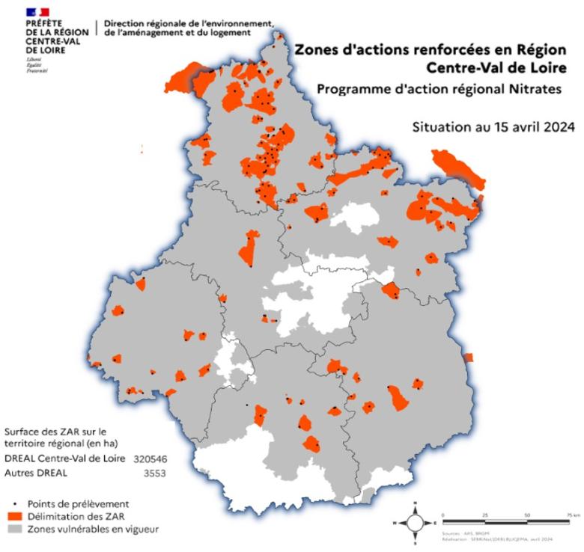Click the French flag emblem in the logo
tap(37, 12)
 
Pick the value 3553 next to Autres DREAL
tap(153, 473)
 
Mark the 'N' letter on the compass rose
tap(415, 510)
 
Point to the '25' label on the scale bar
tap(484, 516)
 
